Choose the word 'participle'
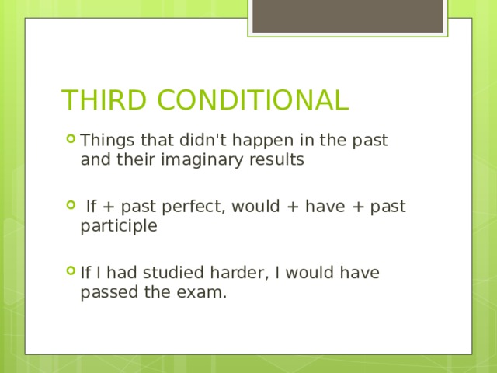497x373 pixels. coord(118,227)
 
